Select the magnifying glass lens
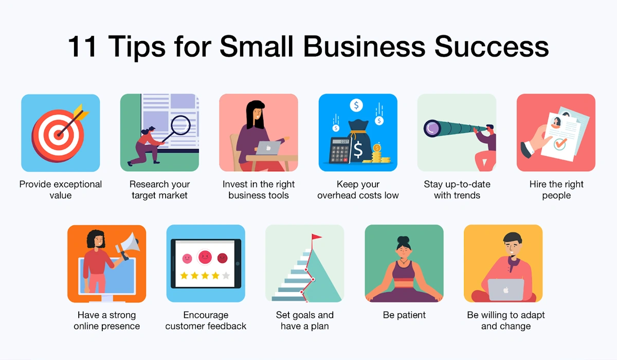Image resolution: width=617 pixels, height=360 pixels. [180, 125]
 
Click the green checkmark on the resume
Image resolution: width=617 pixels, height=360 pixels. [559, 144]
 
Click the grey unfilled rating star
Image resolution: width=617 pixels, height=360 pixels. [226, 276]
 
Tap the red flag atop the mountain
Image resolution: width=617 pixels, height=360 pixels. [316, 238]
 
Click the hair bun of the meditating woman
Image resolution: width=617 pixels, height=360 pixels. [404, 240]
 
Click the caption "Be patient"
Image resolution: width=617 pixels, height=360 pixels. [404, 315]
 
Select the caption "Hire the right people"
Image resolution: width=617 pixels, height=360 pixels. [556, 190]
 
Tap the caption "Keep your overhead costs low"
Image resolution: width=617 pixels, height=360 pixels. [358, 190]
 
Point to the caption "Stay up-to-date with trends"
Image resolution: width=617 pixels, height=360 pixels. [457, 190]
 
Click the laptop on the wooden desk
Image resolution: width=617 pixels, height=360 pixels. [268, 148]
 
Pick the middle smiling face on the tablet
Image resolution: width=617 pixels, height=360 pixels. [205, 256]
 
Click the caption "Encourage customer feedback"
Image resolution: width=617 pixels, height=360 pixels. [206, 321]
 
